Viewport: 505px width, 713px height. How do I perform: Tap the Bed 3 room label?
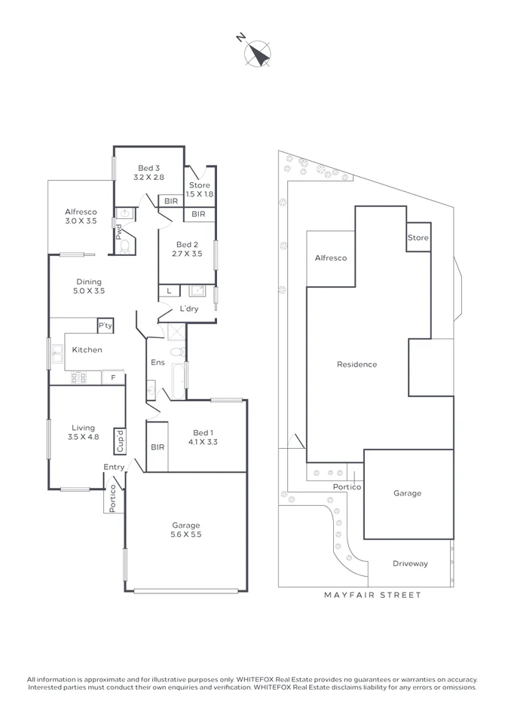(148, 172)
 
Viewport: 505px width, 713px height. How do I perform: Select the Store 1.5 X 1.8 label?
(200, 190)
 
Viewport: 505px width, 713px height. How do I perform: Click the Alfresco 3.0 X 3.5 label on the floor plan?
(81, 217)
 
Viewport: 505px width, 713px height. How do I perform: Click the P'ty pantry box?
(106, 325)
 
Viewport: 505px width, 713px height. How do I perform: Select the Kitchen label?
(87, 349)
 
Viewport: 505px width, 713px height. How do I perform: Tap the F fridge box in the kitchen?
(113, 377)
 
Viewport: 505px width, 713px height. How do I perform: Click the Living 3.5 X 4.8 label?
(83, 432)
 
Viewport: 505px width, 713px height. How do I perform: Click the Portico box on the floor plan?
(113, 498)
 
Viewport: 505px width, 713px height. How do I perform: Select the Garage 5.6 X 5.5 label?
(185, 529)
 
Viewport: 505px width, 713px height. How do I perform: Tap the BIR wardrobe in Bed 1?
(157, 447)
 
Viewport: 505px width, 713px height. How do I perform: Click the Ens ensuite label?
(158, 363)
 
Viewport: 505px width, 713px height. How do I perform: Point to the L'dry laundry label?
(189, 309)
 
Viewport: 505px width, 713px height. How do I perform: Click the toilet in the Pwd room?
(124, 245)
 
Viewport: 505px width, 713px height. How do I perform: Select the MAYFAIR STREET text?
(372, 595)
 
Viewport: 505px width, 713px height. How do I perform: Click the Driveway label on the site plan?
(410, 563)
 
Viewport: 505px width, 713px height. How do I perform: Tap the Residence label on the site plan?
(357, 364)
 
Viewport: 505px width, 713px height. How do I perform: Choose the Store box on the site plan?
(418, 238)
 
